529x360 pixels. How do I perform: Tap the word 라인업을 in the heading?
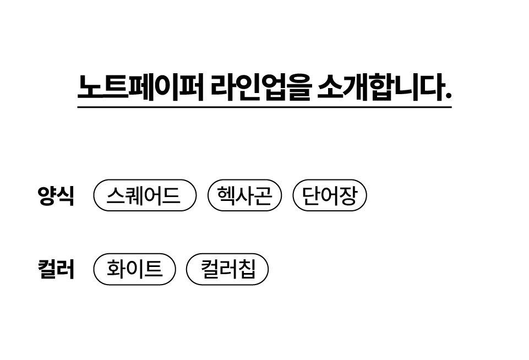[260, 87]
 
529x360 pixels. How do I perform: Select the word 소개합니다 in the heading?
[380, 87]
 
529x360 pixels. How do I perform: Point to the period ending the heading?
[449, 96]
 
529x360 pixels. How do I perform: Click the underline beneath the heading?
[264, 107]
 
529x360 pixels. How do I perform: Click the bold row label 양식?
[56, 195]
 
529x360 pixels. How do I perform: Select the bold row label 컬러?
[56, 269]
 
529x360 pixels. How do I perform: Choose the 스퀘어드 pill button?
[145, 195]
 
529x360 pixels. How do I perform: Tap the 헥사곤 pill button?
[244, 195]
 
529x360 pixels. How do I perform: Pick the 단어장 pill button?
[330, 195]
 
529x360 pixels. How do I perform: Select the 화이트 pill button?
[135, 269]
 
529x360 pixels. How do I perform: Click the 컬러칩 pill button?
[227, 269]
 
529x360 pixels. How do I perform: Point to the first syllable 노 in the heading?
[90, 87]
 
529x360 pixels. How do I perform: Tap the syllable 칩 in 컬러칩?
[247, 269]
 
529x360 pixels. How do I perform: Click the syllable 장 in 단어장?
[348, 195]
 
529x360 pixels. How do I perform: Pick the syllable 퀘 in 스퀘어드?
[135, 195]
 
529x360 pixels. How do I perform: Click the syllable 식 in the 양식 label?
[65, 195]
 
